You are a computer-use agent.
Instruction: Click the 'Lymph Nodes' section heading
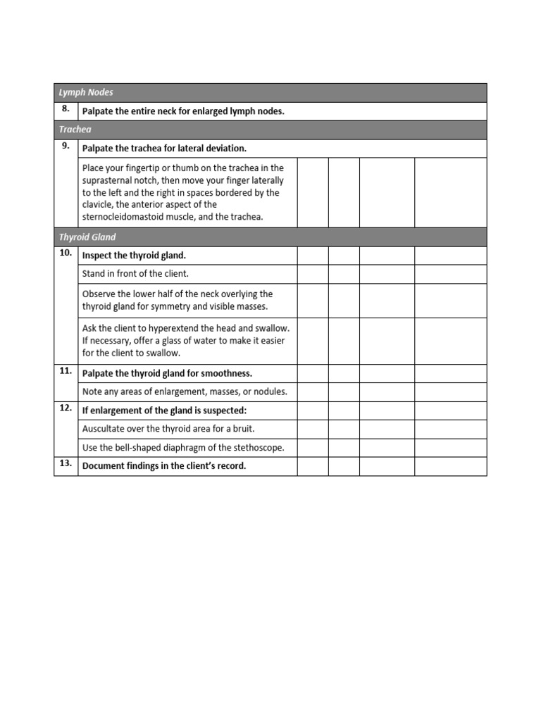86,93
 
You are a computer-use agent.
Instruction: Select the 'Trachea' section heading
75,130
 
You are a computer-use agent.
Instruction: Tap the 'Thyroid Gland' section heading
88,237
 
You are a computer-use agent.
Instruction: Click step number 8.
66,109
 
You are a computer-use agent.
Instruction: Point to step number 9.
66,146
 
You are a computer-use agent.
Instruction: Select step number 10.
66,253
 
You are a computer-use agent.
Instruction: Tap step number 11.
66,371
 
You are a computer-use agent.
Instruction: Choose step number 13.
66,464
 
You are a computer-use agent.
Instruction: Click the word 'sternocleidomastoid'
125,217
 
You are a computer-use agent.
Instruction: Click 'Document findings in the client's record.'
164,466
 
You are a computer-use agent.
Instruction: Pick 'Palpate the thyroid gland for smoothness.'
167,373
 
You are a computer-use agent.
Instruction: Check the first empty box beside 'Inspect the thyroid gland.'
313,256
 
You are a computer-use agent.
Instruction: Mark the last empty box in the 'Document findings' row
450,466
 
